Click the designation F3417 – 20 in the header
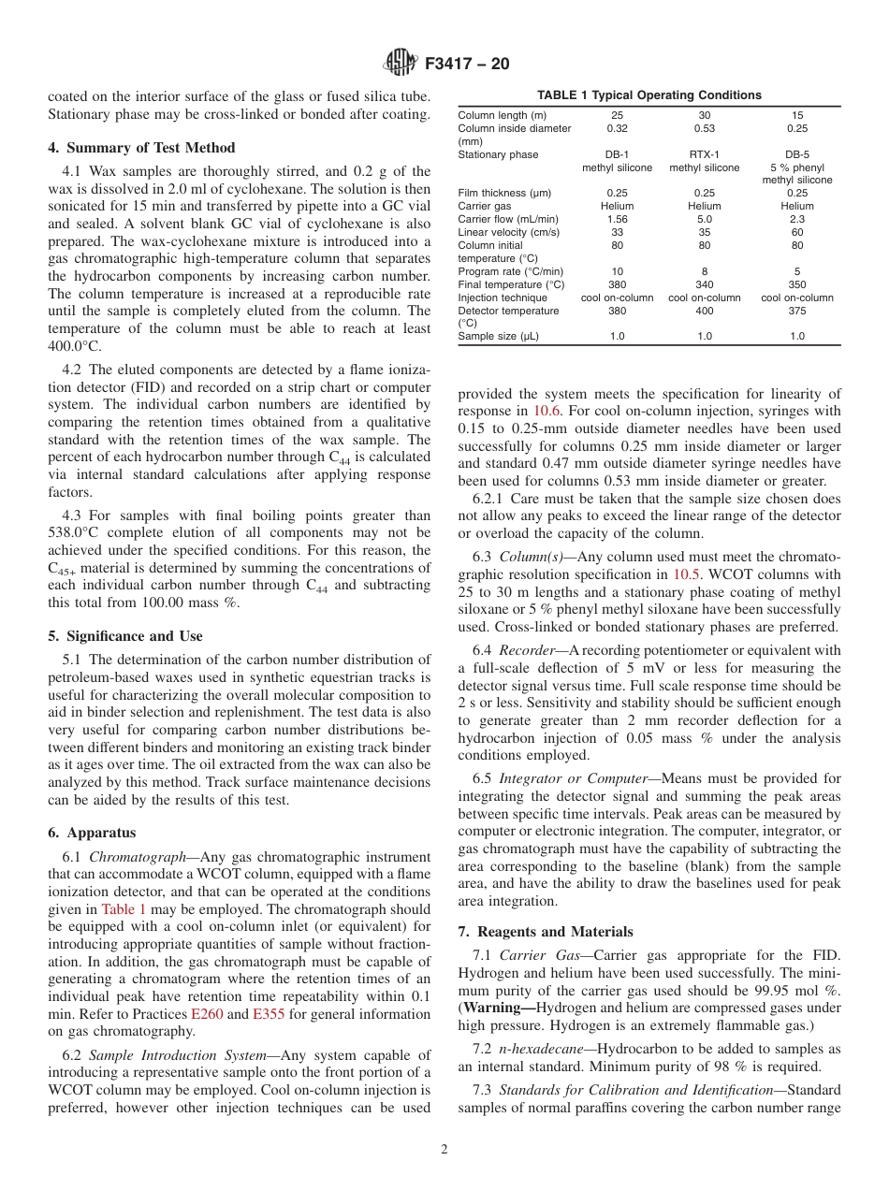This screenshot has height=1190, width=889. pyautogui.click(x=467, y=65)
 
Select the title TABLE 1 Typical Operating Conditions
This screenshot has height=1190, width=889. pyautogui.click(x=649, y=95)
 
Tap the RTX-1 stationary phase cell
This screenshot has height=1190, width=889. pyautogui.click(x=704, y=154)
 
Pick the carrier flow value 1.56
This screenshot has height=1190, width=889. pyautogui.click(x=617, y=219)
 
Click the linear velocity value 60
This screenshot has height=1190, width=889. pyautogui.click(x=796, y=232)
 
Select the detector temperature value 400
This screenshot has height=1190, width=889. pyautogui.click(x=704, y=311)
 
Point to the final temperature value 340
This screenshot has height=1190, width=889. pyautogui.click(x=704, y=284)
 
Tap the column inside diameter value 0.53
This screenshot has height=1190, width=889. pyautogui.click(x=704, y=128)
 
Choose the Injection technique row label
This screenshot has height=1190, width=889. pyautogui.click(x=503, y=297)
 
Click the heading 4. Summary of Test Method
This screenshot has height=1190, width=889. pyautogui.click(x=141, y=148)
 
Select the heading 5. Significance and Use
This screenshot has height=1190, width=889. pyautogui.click(x=125, y=636)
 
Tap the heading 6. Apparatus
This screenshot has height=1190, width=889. pyautogui.click(x=92, y=833)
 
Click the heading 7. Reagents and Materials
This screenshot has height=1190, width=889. pyautogui.click(x=546, y=932)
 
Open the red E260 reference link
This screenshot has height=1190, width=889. pyautogui.click(x=207, y=1014)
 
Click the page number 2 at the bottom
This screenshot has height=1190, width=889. pyautogui.click(x=444, y=1150)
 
